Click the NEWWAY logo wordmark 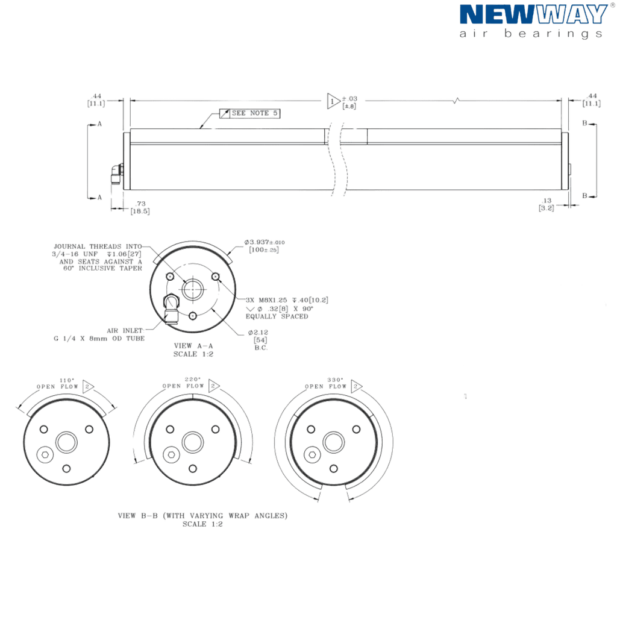pos(534,14)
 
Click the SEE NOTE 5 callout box pos(250,113)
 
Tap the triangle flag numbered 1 pos(333,101)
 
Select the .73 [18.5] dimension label pos(140,207)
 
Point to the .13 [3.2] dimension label pos(547,204)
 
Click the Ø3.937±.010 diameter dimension pos(264,246)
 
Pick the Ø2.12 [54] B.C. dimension pos(259,340)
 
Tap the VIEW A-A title pos(193,350)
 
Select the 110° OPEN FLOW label pos(57,384)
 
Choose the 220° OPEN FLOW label pos(183,383)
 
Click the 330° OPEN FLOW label pos(326,383)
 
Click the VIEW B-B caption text pos(202,520)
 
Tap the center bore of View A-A pos(193,289)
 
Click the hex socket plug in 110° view pos(45,454)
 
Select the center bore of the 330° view pos(334,442)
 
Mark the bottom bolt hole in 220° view pos(193,469)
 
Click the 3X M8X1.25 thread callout pos(287,308)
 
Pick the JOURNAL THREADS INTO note pos(98,257)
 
